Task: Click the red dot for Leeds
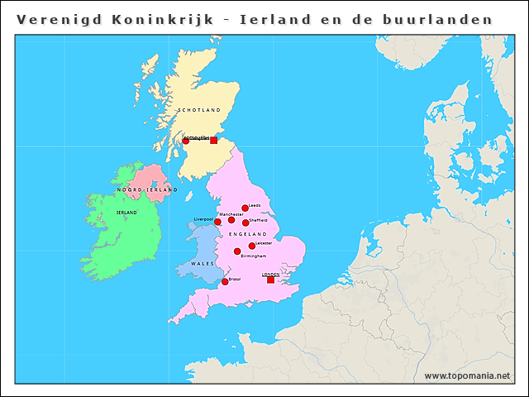pos(245,208)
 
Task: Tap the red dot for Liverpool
pos(217,222)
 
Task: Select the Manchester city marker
pos(231,220)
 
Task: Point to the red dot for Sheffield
pos(245,222)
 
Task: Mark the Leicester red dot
pos(252,246)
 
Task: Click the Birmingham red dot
pos(237,251)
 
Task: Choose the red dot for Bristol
pos(225,282)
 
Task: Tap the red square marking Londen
pos(270,280)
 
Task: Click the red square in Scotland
pos(213,141)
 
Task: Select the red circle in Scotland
pos(186,141)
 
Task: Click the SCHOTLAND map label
pos(199,110)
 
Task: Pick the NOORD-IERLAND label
pos(147,190)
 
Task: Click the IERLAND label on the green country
pos(126,213)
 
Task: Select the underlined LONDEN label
pos(270,274)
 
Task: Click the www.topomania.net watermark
pos(467,375)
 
